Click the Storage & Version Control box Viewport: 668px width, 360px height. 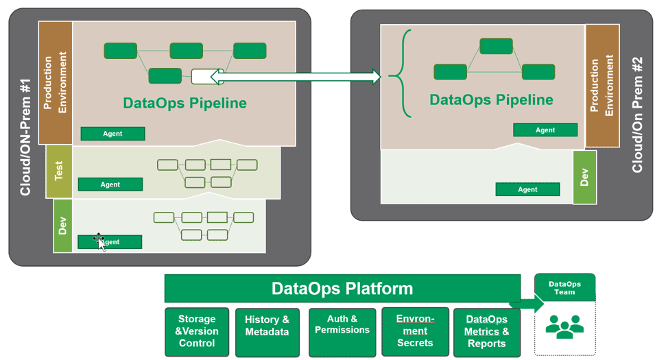click(197, 332)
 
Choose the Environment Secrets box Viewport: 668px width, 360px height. click(415, 332)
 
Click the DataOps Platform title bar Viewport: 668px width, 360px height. click(342, 289)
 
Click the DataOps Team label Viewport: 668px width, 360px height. click(564, 288)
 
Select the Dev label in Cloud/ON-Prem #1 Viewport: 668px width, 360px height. click(62, 226)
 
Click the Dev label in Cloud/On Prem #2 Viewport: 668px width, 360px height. click(584, 178)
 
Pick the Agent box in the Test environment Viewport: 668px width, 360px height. click(110, 184)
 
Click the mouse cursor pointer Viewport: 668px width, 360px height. click(100, 242)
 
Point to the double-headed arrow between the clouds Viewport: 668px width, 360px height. click(300, 77)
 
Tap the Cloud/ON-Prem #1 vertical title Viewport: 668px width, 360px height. click(25, 137)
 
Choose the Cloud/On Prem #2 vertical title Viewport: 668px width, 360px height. click(637, 115)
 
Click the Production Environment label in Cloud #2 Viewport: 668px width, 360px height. click(602, 85)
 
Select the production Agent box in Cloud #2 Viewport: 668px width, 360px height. click(545, 130)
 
